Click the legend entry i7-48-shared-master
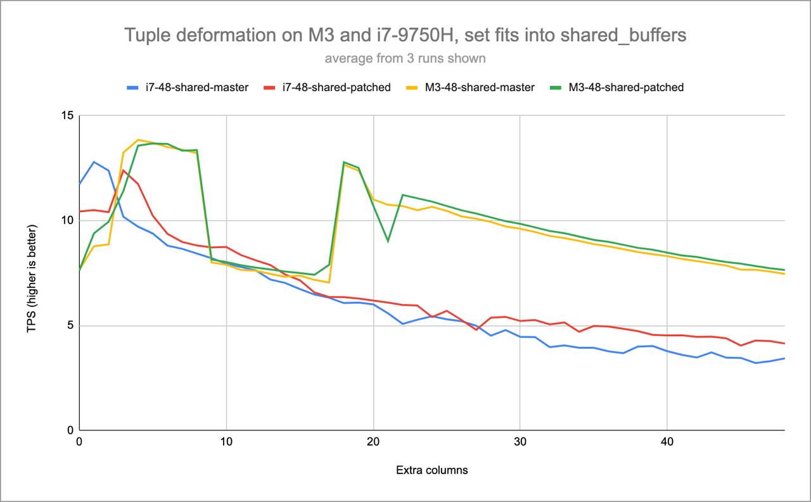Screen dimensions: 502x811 pos(191,87)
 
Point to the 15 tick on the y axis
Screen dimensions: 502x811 pos(67,116)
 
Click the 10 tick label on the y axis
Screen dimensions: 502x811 pos(67,221)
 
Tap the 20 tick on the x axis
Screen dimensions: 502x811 pos(373,442)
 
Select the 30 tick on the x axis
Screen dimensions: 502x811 pos(520,442)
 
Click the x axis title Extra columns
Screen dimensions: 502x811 pos(432,470)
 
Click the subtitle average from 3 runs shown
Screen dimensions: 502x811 pos(405,59)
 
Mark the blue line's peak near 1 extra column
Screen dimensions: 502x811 pos(94,161)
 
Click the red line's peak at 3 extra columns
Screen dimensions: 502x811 pos(124,170)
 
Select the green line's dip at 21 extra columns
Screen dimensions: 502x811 pos(388,241)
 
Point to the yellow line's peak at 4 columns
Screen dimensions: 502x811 pos(138,140)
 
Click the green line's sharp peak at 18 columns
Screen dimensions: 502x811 pos(343,162)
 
